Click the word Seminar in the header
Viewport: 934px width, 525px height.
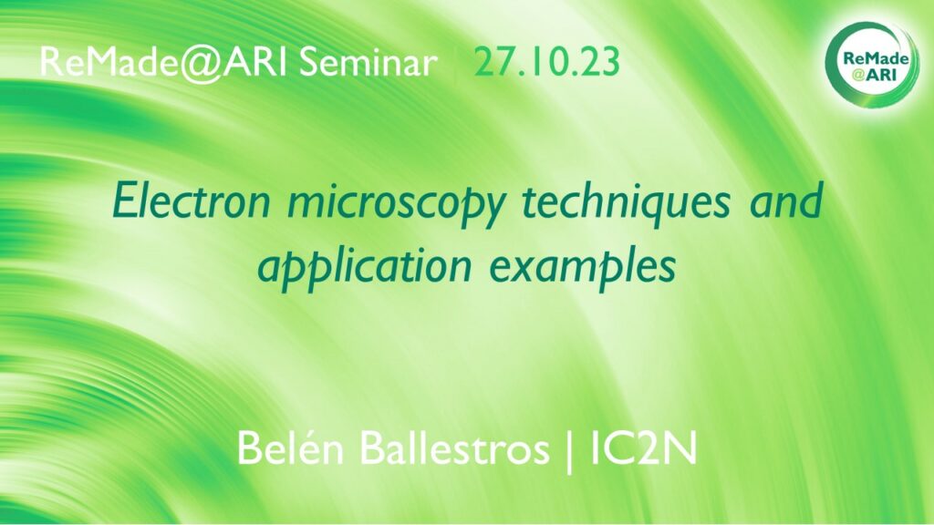(368, 62)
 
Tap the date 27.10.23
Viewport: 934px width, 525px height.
(547, 62)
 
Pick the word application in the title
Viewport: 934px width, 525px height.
(365, 268)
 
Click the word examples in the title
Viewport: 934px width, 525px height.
(583, 269)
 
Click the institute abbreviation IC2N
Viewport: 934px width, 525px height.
(643, 448)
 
